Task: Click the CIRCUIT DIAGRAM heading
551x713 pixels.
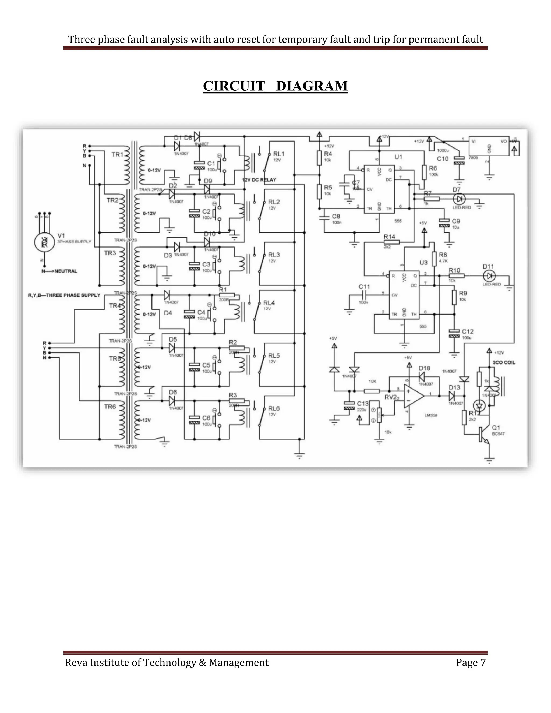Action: [x=275, y=86]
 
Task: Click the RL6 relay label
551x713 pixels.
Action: [x=274, y=408]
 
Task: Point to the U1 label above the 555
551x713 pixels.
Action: [x=398, y=157]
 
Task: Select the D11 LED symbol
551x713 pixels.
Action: [x=489, y=276]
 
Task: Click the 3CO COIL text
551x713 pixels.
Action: [x=504, y=362]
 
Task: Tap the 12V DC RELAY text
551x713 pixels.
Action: [x=259, y=180]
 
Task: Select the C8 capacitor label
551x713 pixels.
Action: [x=336, y=216]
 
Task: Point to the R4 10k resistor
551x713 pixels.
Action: [x=320, y=157]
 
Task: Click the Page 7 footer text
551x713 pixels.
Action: [x=471, y=662]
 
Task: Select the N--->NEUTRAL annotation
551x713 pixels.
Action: [x=59, y=271]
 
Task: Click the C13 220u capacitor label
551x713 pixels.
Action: [x=363, y=404]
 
